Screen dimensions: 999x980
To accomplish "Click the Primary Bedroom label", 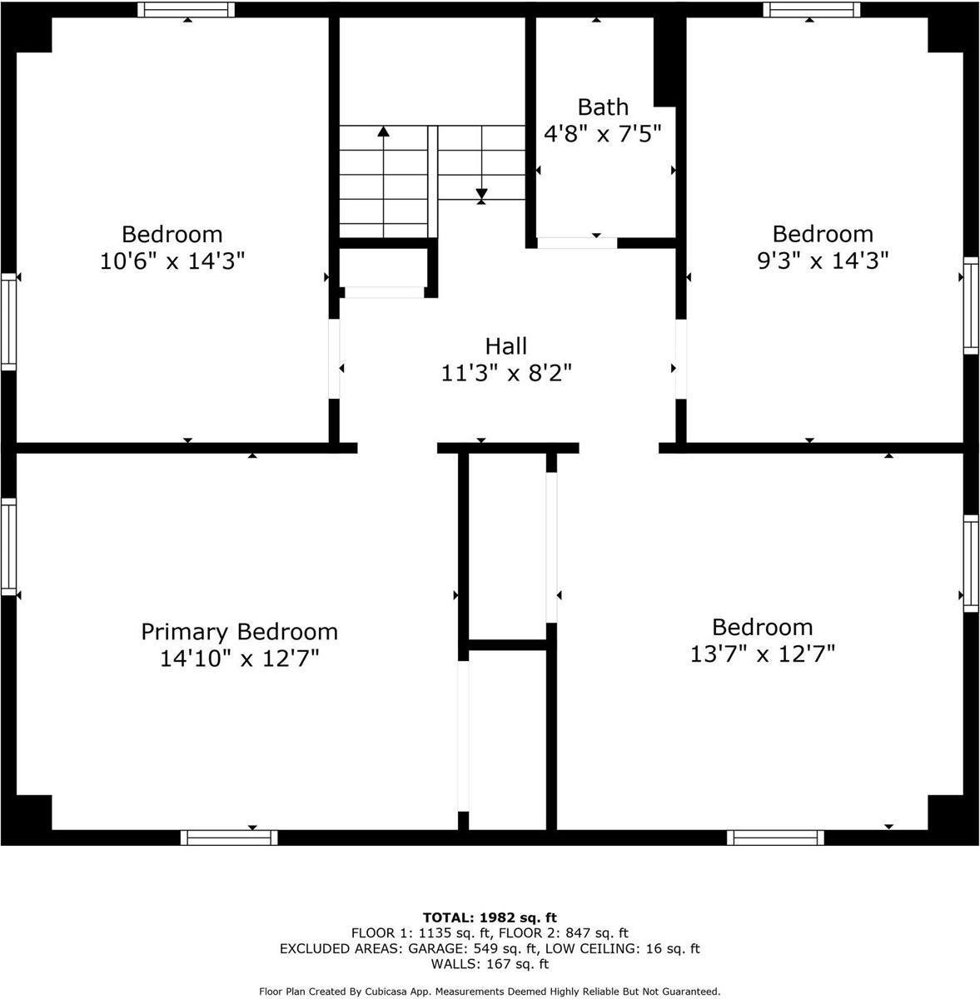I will [239, 632].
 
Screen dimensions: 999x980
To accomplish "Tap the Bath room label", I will [603, 107].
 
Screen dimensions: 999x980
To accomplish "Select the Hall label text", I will [506, 345].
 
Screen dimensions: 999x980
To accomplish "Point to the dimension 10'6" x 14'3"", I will [172, 261].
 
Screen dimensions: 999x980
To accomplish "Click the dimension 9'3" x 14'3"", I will [823, 261].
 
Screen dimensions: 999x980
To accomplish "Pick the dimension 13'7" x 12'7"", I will [762, 654].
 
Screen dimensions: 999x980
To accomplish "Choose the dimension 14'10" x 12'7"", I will [239, 659].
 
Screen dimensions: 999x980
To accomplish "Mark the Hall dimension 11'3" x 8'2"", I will [506, 373].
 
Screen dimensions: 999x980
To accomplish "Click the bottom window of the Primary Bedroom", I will [229, 837].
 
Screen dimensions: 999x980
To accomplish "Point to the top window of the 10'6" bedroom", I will [186, 9].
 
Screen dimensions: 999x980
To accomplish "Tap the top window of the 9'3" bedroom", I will [811, 9].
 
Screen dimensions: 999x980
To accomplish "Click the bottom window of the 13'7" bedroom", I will [775, 837].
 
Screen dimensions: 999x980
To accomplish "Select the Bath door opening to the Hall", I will [576, 243].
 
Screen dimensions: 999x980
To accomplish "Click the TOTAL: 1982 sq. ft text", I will [490, 917].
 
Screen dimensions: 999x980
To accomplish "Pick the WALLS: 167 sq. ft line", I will [490, 965].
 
